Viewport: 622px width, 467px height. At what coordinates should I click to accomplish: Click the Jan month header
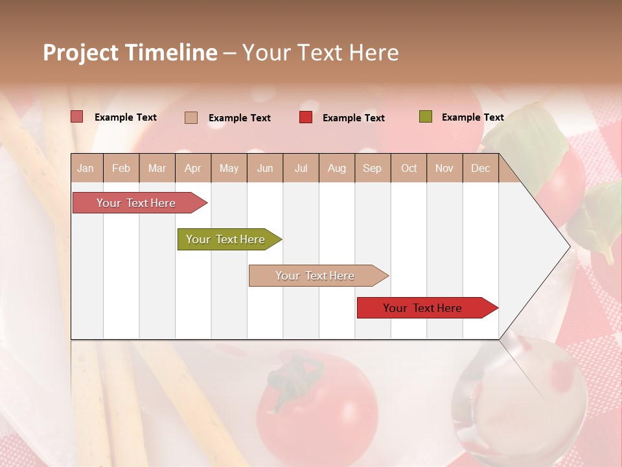pyautogui.click(x=86, y=169)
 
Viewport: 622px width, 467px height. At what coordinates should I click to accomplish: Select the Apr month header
pyautogui.click(x=192, y=169)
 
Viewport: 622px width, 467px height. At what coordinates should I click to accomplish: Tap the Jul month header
pyautogui.click(x=301, y=169)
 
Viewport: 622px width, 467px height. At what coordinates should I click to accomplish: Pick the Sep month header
pyautogui.click(x=372, y=169)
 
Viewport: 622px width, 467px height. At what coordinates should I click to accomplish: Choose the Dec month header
pyautogui.click(x=480, y=169)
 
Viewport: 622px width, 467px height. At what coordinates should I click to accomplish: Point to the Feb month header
pyautogui.click(x=121, y=169)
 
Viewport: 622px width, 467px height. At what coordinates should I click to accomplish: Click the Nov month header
pyautogui.click(x=444, y=169)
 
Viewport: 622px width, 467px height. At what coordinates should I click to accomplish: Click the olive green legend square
pyautogui.click(x=425, y=117)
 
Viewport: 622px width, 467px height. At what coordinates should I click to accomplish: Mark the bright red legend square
pyautogui.click(x=306, y=117)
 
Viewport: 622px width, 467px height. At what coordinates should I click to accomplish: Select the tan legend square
pyautogui.click(x=191, y=117)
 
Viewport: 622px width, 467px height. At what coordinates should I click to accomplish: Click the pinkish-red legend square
pyautogui.click(x=77, y=117)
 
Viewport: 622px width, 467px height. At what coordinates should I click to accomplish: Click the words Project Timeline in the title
pyautogui.click(x=130, y=53)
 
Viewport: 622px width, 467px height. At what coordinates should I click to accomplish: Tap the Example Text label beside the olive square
pyautogui.click(x=472, y=117)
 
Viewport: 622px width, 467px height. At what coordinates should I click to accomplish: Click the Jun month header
pyautogui.click(x=265, y=169)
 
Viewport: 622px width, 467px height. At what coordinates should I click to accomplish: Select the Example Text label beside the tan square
pyautogui.click(x=239, y=118)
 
